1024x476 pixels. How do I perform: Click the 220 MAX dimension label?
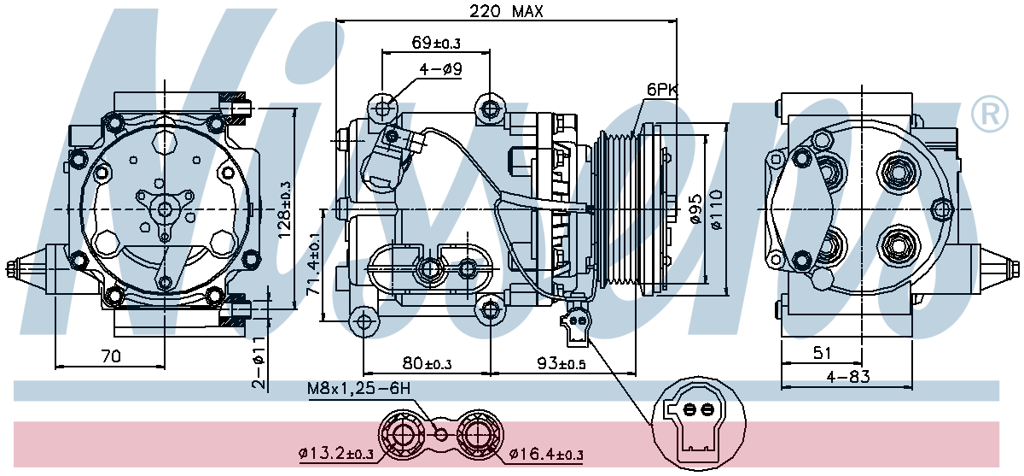coord(506,11)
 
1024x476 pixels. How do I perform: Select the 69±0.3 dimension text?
coord(436,43)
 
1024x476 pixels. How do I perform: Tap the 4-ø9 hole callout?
coord(440,69)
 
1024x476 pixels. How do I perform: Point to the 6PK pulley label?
coord(662,90)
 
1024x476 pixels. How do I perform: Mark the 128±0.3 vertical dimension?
coord(284,209)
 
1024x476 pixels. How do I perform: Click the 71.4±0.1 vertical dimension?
coord(314,263)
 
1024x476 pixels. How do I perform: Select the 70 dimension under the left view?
coord(111,356)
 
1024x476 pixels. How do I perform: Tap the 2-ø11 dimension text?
coord(259,362)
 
